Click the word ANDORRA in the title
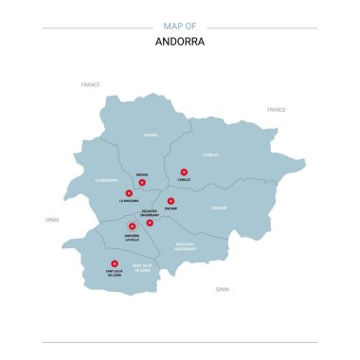click(x=179, y=42)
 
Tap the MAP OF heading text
click(x=179, y=26)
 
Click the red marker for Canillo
click(x=184, y=172)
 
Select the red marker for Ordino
click(x=142, y=182)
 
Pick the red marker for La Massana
click(x=129, y=192)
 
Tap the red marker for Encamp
click(x=171, y=201)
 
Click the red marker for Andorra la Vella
click(x=132, y=226)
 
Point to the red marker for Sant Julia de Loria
click(x=115, y=263)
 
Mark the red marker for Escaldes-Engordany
click(x=150, y=223)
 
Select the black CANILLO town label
click(x=184, y=181)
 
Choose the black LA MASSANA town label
click(x=129, y=201)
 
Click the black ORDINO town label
click(x=142, y=174)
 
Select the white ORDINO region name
click(x=150, y=135)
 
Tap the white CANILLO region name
click(x=210, y=154)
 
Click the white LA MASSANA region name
click(x=106, y=179)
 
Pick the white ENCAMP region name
click(x=220, y=207)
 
